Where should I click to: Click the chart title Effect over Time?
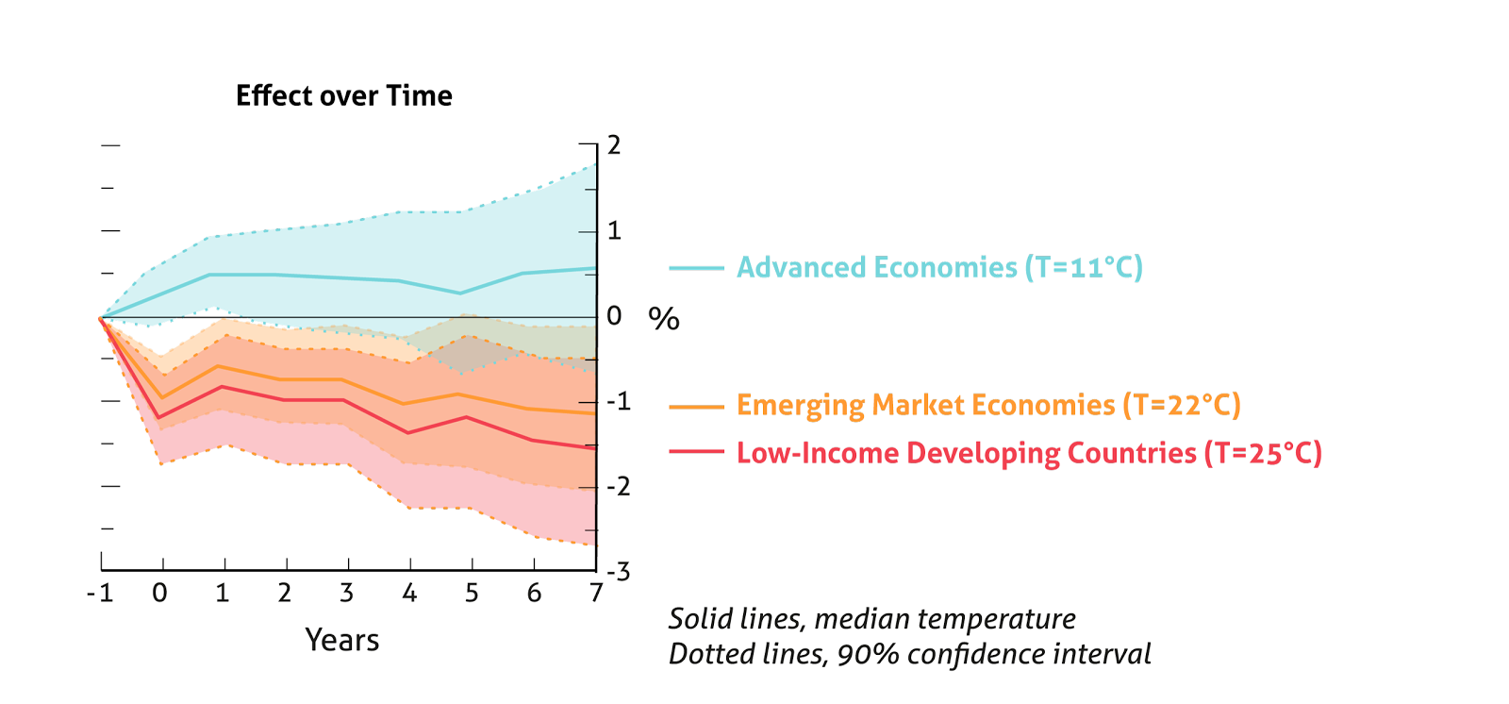pyautogui.click(x=344, y=96)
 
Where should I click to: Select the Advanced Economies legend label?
pyautogui.click(x=939, y=268)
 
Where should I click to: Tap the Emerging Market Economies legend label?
pyautogui.click(x=988, y=406)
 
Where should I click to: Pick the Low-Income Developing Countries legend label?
pyautogui.click(x=1029, y=454)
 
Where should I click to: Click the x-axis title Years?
pyautogui.click(x=342, y=641)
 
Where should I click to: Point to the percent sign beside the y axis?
pyautogui.click(x=664, y=319)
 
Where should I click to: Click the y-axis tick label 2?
pyautogui.click(x=615, y=145)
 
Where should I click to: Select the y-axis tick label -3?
pyautogui.click(x=619, y=573)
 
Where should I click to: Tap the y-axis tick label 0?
pyautogui.click(x=615, y=316)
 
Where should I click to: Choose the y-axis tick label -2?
pyautogui.click(x=619, y=487)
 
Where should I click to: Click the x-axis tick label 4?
pyautogui.click(x=409, y=594)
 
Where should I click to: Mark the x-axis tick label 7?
pyautogui.click(x=596, y=594)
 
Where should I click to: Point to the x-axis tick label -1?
pyautogui.click(x=99, y=594)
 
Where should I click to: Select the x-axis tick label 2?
pyautogui.click(x=285, y=594)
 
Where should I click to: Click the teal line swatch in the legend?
pyautogui.click(x=696, y=269)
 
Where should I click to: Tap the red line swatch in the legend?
pyautogui.click(x=696, y=453)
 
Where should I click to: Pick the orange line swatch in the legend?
pyautogui.click(x=696, y=407)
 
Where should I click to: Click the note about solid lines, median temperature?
pyautogui.click(x=872, y=619)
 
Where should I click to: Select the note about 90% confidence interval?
pyautogui.click(x=910, y=655)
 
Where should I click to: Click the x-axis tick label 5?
pyautogui.click(x=472, y=594)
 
